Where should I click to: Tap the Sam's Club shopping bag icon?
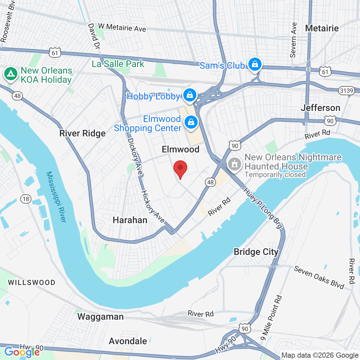(x=255, y=64)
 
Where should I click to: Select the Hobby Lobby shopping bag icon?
(x=189, y=96)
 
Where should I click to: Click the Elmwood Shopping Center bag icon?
(x=191, y=123)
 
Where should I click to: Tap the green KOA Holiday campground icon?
(x=10, y=74)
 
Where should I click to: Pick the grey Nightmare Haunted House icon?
(x=234, y=164)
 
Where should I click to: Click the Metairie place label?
(x=322, y=28)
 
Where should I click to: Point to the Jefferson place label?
(x=320, y=108)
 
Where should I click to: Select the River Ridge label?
(x=82, y=134)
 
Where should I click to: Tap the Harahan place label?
(x=130, y=220)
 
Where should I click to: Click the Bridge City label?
(x=256, y=252)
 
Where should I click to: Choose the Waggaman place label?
(x=100, y=317)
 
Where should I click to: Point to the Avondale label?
(x=128, y=341)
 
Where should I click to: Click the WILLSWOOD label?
(x=32, y=282)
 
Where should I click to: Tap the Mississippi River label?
(x=56, y=197)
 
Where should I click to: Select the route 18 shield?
(x=26, y=199)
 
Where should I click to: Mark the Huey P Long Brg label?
(x=263, y=208)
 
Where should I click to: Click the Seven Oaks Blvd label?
(x=319, y=278)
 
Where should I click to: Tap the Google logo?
(x=22, y=352)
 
